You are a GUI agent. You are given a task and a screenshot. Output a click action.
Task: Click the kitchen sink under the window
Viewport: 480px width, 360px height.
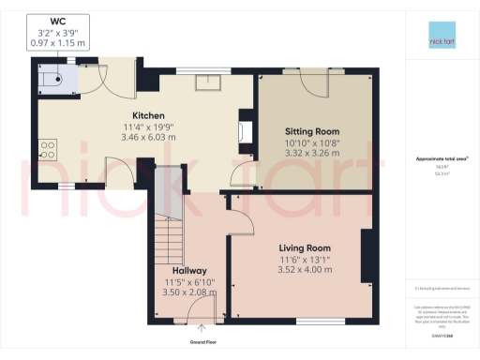click(x=205, y=82)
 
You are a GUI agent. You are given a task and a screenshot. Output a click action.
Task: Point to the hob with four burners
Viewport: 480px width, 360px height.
click(x=47, y=149)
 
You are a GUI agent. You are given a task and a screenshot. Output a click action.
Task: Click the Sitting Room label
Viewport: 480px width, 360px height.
click(x=311, y=130)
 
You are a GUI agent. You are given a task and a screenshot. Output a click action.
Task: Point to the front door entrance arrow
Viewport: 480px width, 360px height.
click(x=202, y=328)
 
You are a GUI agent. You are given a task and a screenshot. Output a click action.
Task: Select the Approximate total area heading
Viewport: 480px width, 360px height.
click(x=433, y=158)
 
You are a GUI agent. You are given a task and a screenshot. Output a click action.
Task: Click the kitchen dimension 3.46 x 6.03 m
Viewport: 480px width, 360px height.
click(x=148, y=138)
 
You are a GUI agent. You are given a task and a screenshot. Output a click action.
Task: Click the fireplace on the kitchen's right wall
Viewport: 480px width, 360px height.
click(x=247, y=130)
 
